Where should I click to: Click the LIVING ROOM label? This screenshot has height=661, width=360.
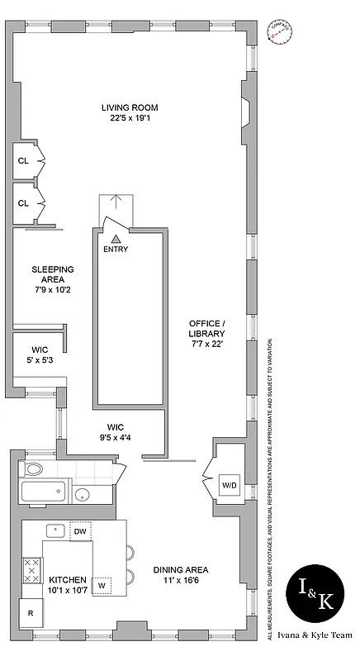[130, 112]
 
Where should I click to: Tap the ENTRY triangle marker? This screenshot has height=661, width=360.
[116, 238]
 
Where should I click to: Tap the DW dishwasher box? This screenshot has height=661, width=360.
[80, 531]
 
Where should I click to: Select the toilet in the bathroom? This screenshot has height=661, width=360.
[33, 470]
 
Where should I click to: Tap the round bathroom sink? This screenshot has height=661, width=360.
[83, 496]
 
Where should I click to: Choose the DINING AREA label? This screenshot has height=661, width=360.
[180, 575]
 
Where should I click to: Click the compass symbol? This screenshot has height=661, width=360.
[281, 34]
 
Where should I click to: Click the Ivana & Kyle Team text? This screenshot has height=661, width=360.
[320, 646]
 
